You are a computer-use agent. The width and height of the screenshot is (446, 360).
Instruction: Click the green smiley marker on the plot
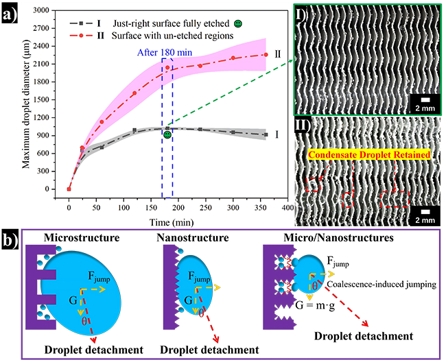pos(167,134)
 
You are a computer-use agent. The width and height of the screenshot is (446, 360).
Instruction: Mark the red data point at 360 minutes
pos(266,55)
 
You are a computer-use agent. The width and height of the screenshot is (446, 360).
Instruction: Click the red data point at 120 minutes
pos(134,93)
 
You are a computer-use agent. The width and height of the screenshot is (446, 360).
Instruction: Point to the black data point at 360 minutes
pos(266,134)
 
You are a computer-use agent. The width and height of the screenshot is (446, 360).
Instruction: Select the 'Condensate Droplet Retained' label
pos(370,155)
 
